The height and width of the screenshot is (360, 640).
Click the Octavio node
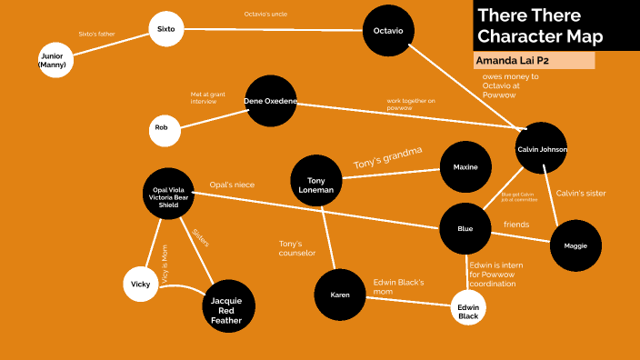[388, 31]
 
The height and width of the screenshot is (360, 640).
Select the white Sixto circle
[166, 29]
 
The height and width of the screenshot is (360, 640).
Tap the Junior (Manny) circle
[51, 61]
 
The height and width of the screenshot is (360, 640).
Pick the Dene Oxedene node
[271, 100]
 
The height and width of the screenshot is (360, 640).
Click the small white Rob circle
[162, 128]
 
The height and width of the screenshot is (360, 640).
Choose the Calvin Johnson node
[542, 148]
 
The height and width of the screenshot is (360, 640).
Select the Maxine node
[465, 167]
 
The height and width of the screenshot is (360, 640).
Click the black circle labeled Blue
[465, 227]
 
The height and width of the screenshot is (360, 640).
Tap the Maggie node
[575, 245]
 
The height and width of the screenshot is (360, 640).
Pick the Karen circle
[340, 295]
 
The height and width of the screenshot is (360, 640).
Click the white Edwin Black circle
[468, 310]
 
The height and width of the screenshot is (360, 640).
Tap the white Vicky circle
[140, 285]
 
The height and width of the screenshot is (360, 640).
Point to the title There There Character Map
[554, 26]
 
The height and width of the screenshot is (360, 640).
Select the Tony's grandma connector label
[388, 157]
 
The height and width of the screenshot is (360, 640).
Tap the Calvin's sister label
[581, 193]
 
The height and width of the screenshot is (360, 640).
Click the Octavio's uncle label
[265, 14]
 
